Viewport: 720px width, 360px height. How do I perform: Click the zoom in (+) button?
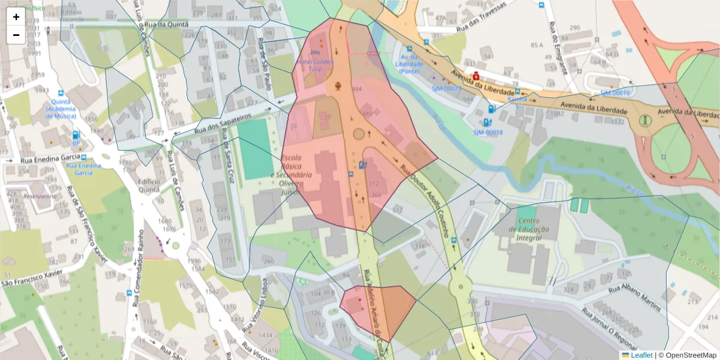(16, 17)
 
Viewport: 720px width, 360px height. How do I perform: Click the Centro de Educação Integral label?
(524, 229)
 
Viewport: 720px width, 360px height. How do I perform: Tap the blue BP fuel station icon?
(76, 136)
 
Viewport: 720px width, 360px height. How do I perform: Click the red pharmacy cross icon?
(476, 76)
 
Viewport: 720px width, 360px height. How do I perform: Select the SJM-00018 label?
(488, 132)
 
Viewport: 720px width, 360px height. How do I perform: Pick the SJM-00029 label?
(446, 89)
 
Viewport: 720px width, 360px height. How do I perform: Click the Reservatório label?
(40, 196)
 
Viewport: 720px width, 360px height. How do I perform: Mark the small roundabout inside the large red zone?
(359, 134)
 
